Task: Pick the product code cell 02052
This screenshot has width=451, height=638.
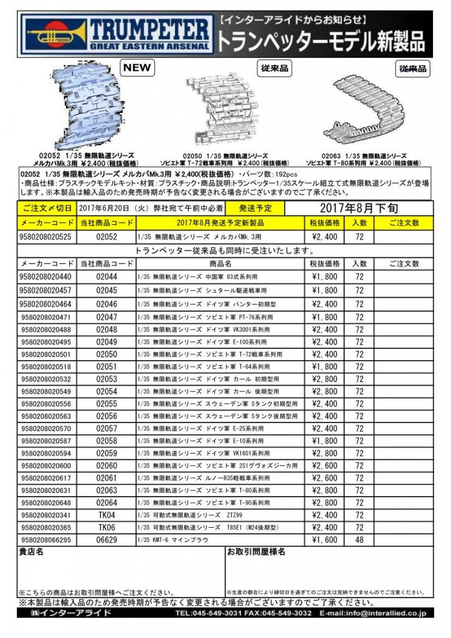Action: click(x=107, y=237)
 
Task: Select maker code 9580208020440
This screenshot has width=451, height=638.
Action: click(x=46, y=276)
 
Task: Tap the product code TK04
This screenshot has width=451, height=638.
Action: click(x=107, y=515)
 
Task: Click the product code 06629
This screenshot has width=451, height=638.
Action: click(x=107, y=540)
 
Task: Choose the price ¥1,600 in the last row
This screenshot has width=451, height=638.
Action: click(x=325, y=540)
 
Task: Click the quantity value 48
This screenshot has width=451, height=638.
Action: click(x=359, y=540)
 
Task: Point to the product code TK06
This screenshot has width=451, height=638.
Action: click(x=107, y=527)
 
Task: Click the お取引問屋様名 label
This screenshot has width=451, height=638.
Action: click(x=256, y=552)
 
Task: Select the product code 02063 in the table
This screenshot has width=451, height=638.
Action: click(x=107, y=491)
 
